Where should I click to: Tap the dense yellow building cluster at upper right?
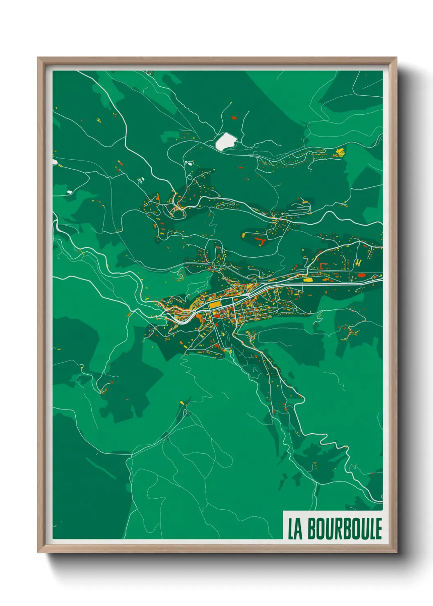click(x=340, y=152)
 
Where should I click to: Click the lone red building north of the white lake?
click(x=234, y=118)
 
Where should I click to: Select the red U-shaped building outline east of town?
click(x=323, y=265)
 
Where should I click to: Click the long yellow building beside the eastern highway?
click(x=308, y=280)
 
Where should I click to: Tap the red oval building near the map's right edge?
click(x=362, y=276)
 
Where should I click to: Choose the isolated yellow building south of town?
click(x=182, y=403)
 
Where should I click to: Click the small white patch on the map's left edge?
click(x=55, y=163)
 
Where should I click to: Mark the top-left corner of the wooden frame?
click(x=38, y=58)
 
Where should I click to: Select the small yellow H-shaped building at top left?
click(x=98, y=120)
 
